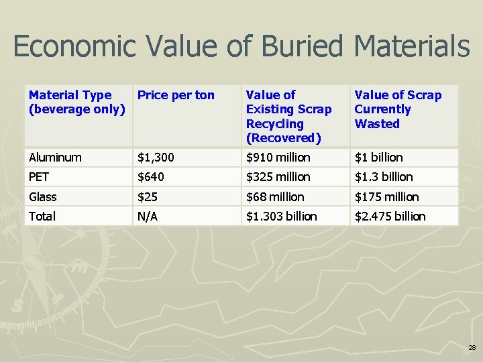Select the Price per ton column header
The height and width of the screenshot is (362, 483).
[x=176, y=95]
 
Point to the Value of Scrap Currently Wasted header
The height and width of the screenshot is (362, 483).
[x=398, y=109]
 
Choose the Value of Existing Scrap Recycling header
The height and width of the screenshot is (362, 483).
[x=288, y=116]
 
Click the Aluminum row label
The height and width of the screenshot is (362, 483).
[x=55, y=158]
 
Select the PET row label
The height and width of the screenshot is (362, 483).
[x=40, y=177]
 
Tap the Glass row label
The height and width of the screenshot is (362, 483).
[x=43, y=197]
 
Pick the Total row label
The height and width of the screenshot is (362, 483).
[x=42, y=217]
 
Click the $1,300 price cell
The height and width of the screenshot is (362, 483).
[x=156, y=158]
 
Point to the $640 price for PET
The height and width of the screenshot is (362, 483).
[x=151, y=177]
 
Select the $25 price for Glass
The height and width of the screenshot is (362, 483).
[x=148, y=197]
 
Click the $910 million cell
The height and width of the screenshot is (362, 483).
[x=278, y=158]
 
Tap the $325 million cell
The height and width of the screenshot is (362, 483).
[x=278, y=177]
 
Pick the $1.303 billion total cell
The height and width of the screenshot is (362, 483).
[x=282, y=217]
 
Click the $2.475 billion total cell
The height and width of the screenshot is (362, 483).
[x=390, y=217]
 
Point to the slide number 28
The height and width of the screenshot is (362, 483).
[x=472, y=348]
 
